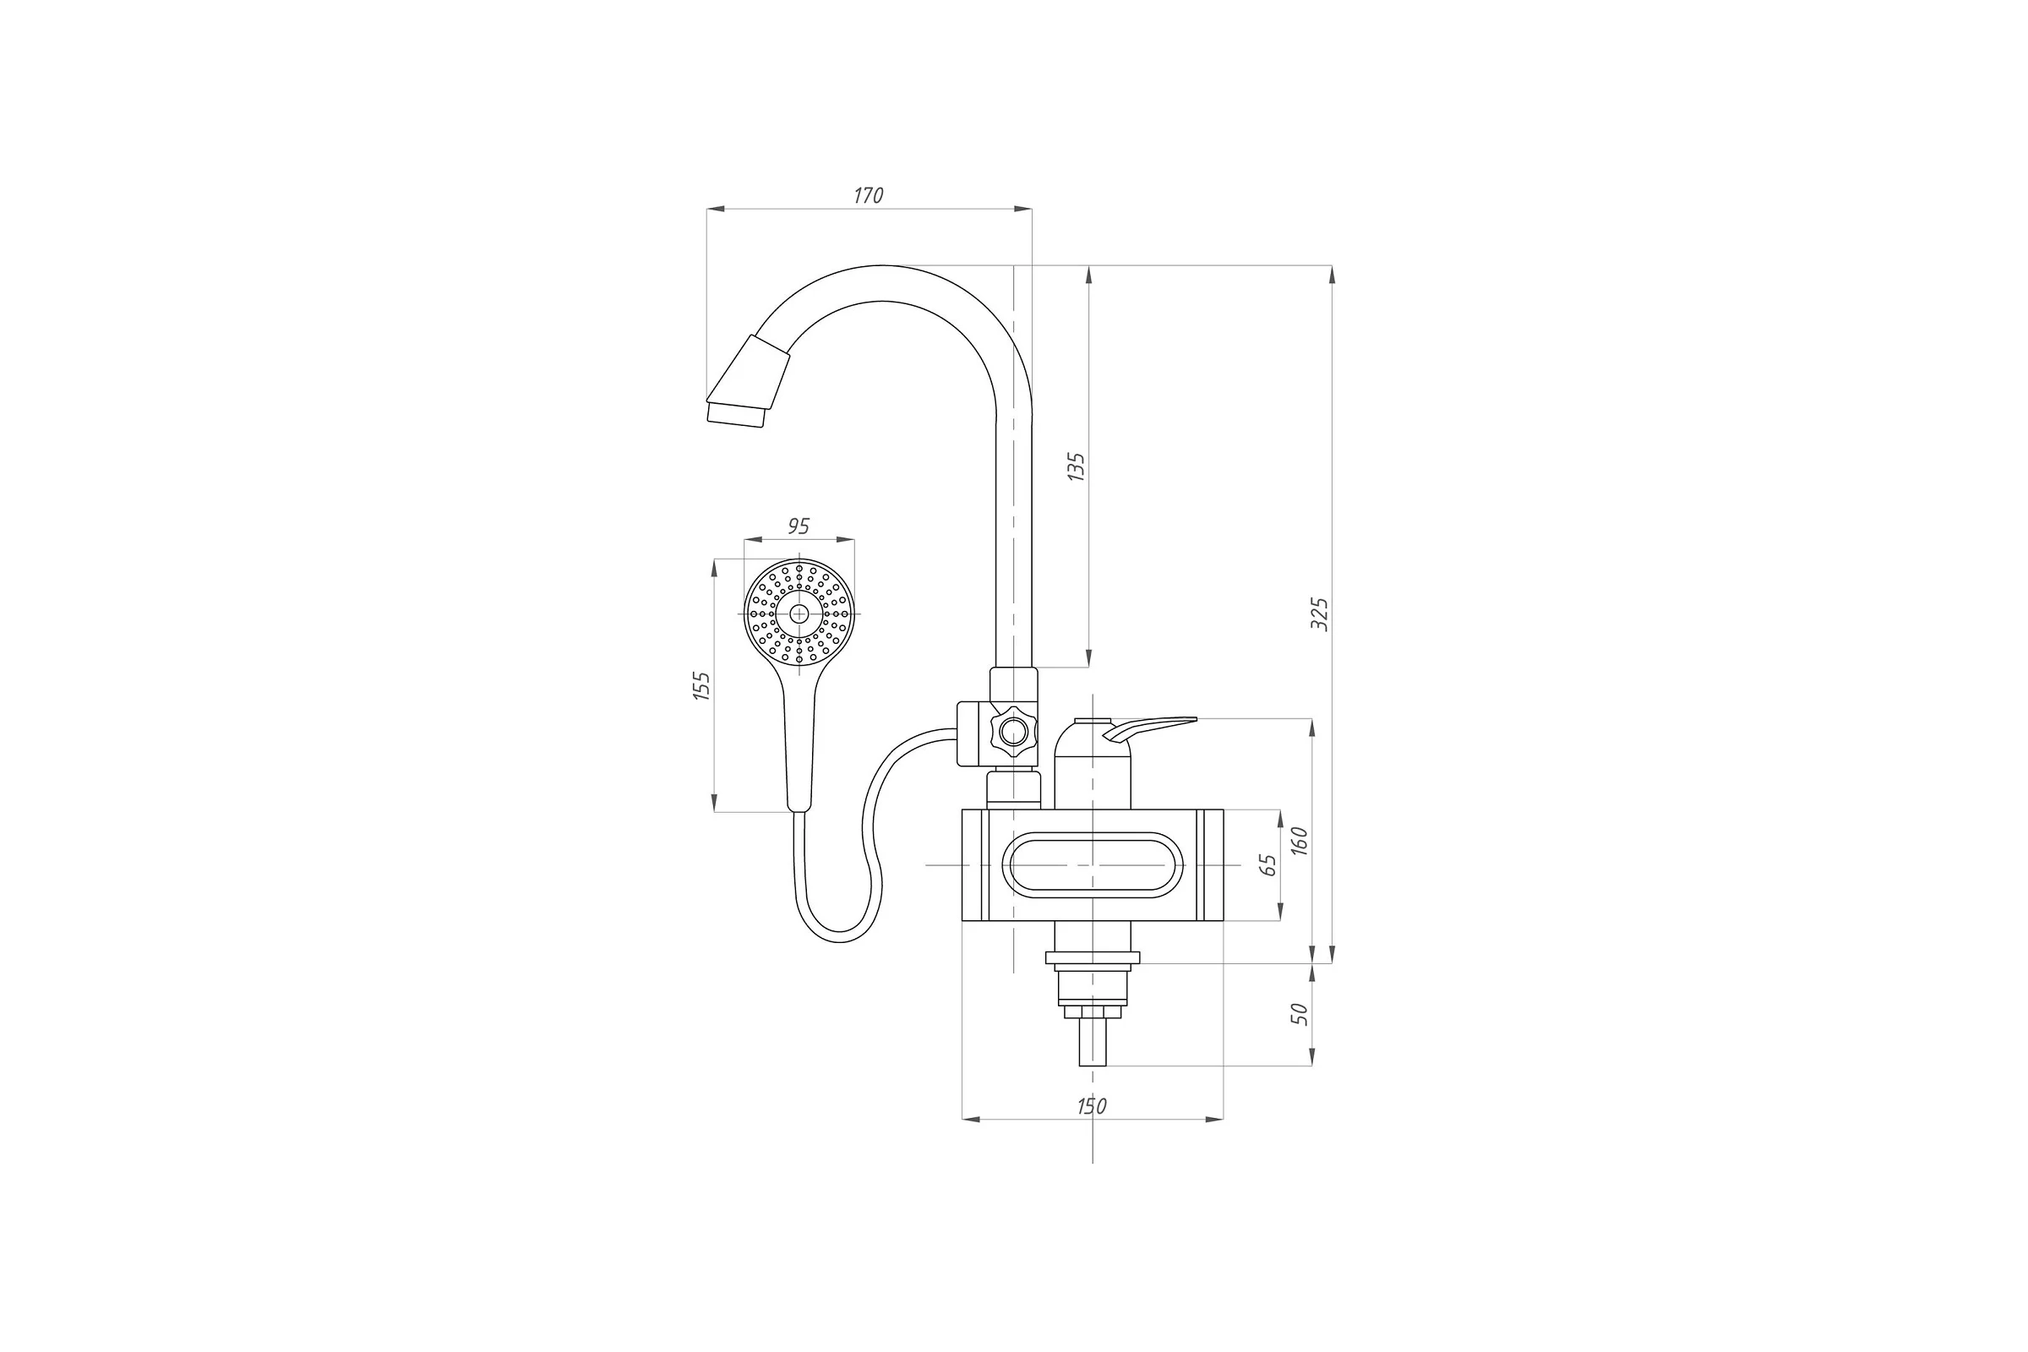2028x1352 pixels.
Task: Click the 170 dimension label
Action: [869, 196]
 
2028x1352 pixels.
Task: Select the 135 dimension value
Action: [1076, 466]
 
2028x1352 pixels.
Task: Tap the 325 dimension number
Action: [1319, 614]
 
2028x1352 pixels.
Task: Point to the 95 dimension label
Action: [799, 526]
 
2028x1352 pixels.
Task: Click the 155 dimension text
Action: [702, 685]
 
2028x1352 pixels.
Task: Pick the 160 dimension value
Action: [1300, 841]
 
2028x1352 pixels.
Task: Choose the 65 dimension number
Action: [1267, 865]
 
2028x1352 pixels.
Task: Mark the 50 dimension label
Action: [1300, 1014]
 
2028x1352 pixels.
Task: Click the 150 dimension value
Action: [1092, 1106]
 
